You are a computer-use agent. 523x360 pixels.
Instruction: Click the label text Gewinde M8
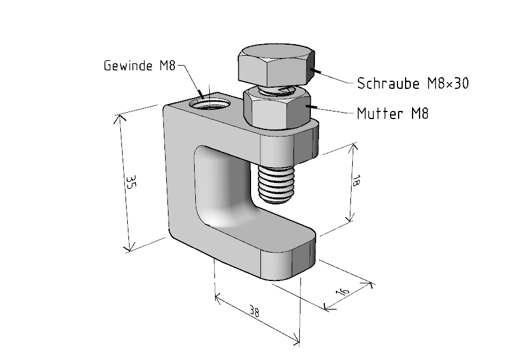point(139,66)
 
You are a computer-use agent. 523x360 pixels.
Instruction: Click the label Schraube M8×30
point(413,84)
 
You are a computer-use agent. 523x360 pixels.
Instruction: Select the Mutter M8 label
point(393,114)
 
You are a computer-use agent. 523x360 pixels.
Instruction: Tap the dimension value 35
point(130,182)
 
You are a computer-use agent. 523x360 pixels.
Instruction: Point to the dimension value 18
point(356,181)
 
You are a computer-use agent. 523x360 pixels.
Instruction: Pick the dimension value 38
point(254,312)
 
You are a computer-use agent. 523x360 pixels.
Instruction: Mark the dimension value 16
point(342,291)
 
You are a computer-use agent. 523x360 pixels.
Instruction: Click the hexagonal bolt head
point(276,64)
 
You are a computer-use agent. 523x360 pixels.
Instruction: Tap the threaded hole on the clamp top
point(210,104)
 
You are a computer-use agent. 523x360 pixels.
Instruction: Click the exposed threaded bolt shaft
point(276,184)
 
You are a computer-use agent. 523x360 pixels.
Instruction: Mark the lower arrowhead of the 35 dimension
point(128,247)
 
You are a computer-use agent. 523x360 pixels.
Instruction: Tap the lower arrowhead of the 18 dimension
point(349,217)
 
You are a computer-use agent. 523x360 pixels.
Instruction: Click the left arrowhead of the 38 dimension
point(219,298)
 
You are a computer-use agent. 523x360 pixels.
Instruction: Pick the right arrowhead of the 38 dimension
point(295,339)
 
